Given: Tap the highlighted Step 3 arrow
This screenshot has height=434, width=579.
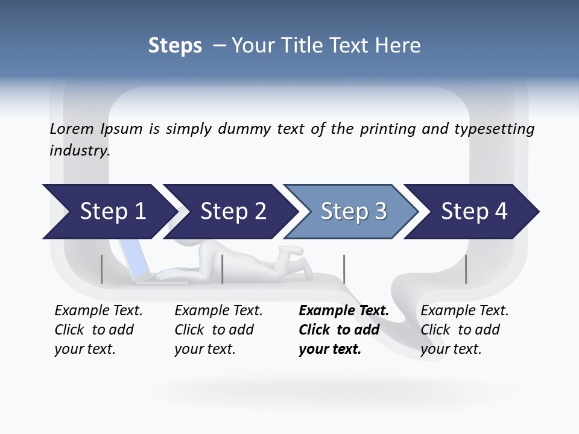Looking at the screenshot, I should tap(352, 212).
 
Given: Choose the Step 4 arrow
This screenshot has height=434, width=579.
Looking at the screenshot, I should tap(473, 212).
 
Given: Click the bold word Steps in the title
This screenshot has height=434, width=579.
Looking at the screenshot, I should tap(175, 46).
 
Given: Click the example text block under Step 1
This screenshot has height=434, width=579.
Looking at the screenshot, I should tap(98, 330).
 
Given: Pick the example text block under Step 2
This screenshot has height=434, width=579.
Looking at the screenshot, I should tap(218, 330).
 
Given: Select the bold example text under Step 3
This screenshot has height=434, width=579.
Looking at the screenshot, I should tap(343, 330).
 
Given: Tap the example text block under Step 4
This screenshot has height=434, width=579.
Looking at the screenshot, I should tap(464, 330).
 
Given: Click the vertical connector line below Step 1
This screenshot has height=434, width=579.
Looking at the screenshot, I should tap(101, 269).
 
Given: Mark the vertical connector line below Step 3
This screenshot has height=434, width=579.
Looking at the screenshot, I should tap(344, 269).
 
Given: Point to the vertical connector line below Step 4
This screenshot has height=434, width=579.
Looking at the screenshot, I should tap(466, 269).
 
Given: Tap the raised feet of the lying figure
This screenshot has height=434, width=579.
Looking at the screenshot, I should tap(292, 250).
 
